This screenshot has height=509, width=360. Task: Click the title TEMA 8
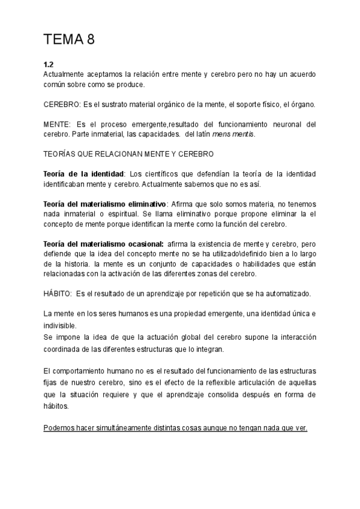coord(69,40)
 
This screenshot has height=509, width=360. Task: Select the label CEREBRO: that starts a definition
coord(61,104)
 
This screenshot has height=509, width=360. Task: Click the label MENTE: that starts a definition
coord(56,124)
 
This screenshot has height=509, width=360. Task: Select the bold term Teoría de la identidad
coord(83,173)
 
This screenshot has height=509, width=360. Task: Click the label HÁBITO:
coord(58,294)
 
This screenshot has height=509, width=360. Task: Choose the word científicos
coord(167,173)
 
